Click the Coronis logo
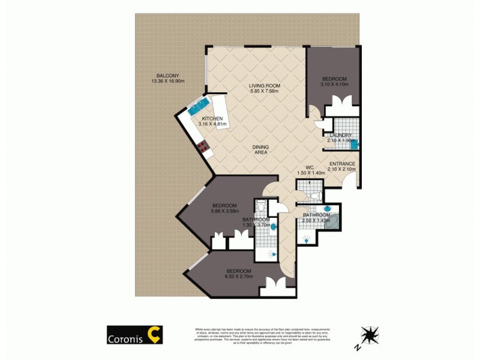point(134,335)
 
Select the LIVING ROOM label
point(265,86)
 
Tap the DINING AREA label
point(260,150)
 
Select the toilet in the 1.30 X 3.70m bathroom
point(259,208)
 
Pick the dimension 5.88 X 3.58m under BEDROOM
point(224,211)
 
